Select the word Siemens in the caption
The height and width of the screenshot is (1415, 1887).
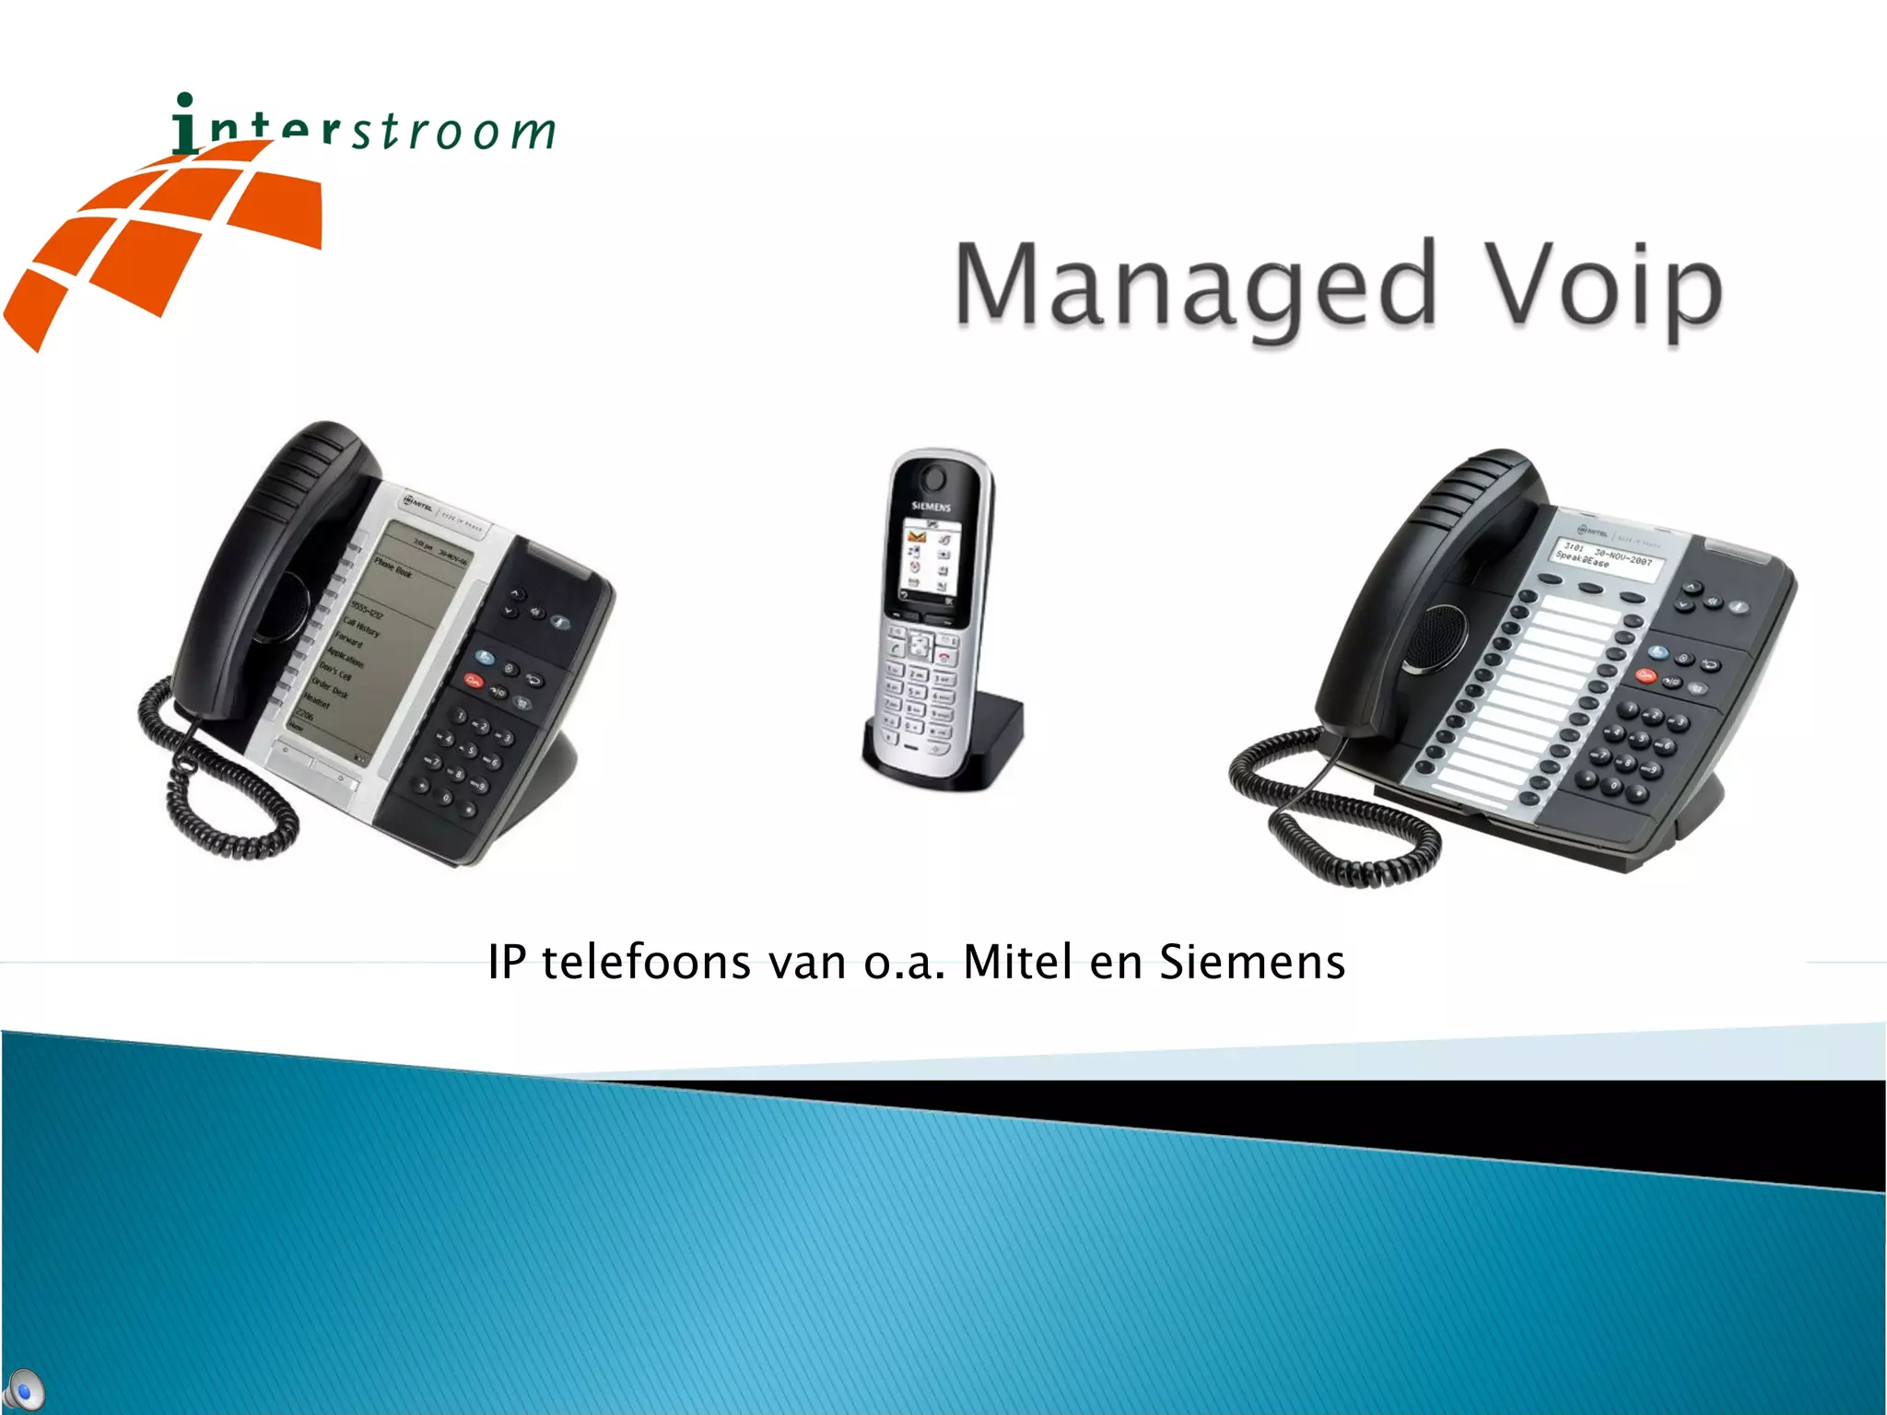click(x=1251, y=963)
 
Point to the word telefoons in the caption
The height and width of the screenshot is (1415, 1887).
click(x=646, y=963)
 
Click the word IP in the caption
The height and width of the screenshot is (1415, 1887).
click(x=507, y=963)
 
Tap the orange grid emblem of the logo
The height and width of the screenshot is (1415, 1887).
click(x=166, y=240)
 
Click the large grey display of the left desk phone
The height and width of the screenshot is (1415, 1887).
click(x=396, y=636)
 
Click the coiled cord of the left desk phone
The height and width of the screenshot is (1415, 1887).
click(x=212, y=792)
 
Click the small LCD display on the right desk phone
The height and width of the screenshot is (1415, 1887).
click(x=1608, y=555)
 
